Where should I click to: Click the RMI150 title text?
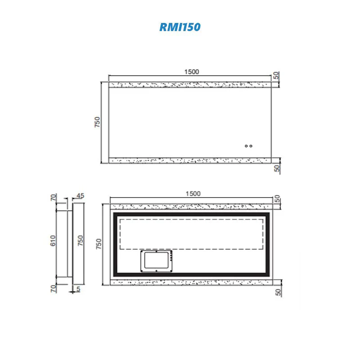pos(180,27)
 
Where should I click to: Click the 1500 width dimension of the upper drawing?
pos(191,72)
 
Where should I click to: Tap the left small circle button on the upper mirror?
pos(246,146)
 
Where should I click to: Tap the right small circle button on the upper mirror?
pos(251,146)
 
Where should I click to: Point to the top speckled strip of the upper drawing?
pos(189,85)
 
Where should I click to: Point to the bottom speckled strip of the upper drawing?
pos(189,160)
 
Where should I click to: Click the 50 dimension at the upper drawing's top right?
pos(277,76)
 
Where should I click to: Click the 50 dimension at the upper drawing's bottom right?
pos(277,168)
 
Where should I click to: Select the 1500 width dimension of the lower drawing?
pos(193,193)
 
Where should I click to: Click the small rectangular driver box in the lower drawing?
pos(156,261)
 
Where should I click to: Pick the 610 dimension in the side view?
pos(53,242)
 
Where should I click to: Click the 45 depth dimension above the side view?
pos(81,196)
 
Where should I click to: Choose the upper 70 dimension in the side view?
pos(53,197)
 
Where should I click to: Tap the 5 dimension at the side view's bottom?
pos(78,288)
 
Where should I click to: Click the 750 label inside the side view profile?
pos(81,242)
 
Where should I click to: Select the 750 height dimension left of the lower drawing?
pos(99,243)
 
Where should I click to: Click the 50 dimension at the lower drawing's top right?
pos(277,198)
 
